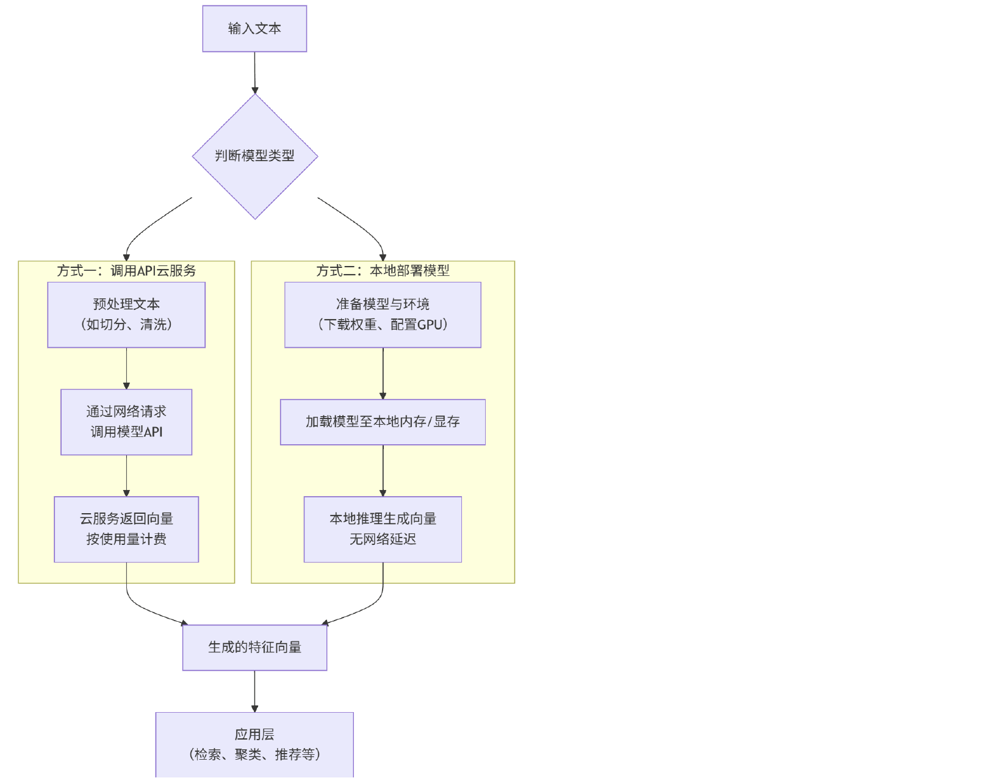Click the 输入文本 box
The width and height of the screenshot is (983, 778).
click(x=254, y=29)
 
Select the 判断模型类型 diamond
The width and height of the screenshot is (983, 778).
click(x=254, y=156)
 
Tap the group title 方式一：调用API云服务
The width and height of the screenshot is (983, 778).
click(x=126, y=270)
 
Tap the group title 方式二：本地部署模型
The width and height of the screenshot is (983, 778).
click(x=383, y=270)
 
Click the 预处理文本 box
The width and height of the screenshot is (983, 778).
click(x=126, y=314)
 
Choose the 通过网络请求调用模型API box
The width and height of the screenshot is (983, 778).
click(x=126, y=422)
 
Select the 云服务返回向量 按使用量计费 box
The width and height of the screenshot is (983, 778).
click(x=126, y=529)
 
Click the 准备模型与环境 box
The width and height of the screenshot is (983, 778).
click(x=383, y=314)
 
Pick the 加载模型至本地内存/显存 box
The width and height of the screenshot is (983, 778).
click(x=383, y=422)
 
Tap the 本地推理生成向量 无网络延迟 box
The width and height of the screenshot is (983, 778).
click(x=383, y=529)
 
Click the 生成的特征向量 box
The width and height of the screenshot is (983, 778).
click(x=254, y=647)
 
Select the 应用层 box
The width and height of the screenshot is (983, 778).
click(x=254, y=744)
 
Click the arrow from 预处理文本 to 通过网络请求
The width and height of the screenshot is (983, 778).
click(x=126, y=368)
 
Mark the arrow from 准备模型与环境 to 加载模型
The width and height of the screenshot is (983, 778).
click(x=383, y=373)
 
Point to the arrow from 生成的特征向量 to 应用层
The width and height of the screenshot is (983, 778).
click(x=254, y=691)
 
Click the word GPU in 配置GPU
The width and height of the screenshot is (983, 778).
click(x=430, y=325)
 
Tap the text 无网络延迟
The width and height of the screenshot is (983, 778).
click(x=383, y=539)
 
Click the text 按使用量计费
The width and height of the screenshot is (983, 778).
click(x=126, y=539)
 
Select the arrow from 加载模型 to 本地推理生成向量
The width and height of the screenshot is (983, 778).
click(x=383, y=470)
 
